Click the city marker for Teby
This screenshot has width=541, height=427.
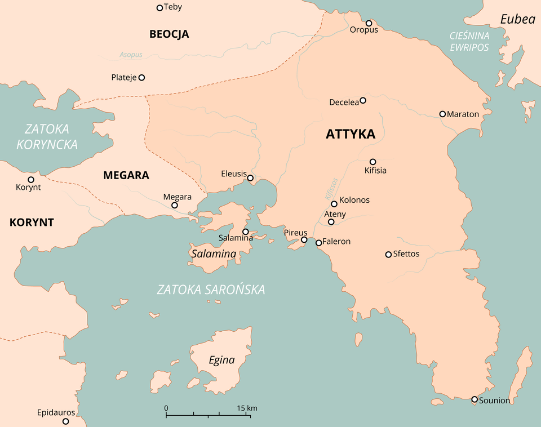pos(159,8)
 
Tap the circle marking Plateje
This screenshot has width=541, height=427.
pos(142,77)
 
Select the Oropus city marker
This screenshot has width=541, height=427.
pos(369,23)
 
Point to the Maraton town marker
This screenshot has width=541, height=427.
pos(442,114)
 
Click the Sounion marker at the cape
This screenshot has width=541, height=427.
pos(475,399)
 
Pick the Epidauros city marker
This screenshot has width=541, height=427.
pos(65,421)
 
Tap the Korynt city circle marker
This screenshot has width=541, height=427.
pos(31,180)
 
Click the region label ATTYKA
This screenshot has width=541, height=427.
pos(350,134)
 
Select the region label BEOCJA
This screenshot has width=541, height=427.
pos(169,34)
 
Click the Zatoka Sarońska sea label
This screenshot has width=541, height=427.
pos(211,290)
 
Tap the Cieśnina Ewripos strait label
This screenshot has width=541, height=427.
pos(469,42)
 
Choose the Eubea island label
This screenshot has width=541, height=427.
pos(517,19)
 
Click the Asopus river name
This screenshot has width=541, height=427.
pos(131,55)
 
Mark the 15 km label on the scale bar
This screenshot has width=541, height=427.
pos(247,408)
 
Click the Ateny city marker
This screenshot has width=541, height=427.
pos(331,222)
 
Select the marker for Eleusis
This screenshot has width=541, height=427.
pos(250,178)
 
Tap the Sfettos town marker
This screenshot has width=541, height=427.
pos(388,255)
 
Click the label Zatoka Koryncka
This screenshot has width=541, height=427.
pos(47,136)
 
